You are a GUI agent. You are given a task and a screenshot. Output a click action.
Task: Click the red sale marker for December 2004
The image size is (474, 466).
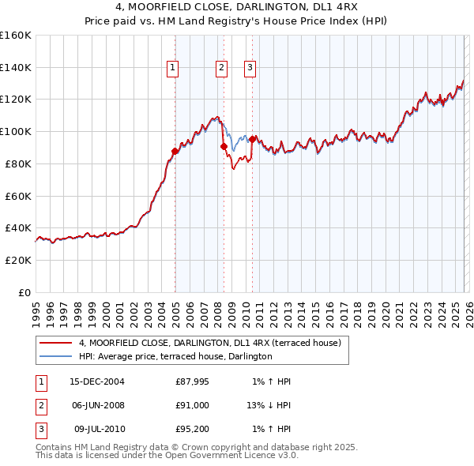[175, 151]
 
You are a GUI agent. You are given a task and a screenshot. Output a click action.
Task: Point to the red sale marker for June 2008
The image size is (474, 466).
[224, 146]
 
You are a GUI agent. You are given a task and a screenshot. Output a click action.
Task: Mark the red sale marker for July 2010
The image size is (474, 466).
[252, 139]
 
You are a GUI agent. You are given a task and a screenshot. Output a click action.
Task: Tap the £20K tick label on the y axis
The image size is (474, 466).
[18, 260]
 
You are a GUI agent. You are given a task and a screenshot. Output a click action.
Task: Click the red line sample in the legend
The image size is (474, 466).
[55, 343]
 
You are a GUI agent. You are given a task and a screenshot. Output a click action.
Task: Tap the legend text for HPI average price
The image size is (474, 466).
[175, 357]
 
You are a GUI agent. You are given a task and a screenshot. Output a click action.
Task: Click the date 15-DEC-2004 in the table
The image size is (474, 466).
[96, 381]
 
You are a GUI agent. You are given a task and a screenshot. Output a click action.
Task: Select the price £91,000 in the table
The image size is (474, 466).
[193, 406]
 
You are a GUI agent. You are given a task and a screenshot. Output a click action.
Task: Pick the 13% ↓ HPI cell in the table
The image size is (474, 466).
[269, 406]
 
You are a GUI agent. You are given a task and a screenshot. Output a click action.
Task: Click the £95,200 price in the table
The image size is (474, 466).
[193, 430]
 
